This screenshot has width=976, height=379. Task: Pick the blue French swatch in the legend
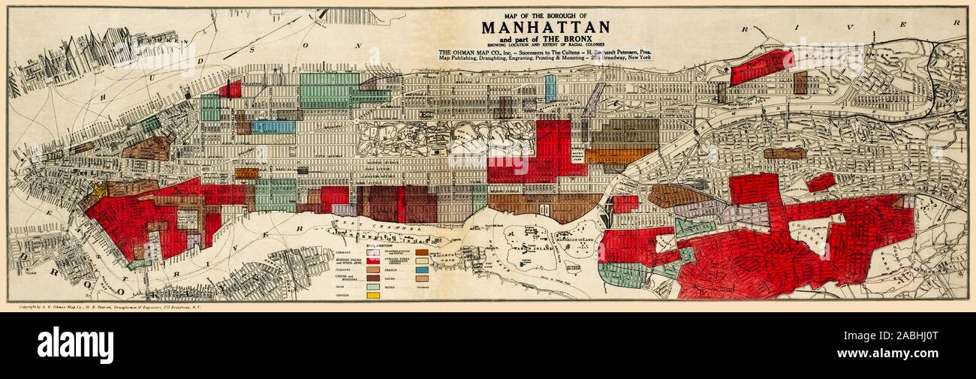point(421,269)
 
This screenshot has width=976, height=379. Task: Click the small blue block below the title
point(550,88)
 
